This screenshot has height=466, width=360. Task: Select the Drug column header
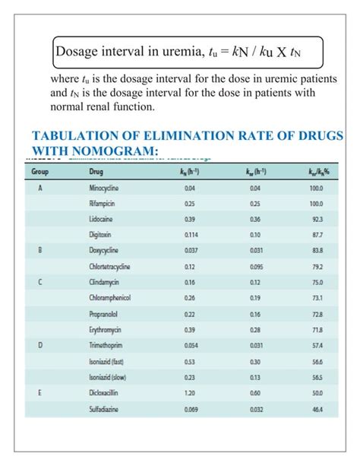tap(98, 172)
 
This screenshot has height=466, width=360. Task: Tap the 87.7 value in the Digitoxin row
tap(317, 236)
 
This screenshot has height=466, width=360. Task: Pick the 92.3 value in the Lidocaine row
tap(317, 220)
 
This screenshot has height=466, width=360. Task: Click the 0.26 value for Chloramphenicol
tap(189, 299)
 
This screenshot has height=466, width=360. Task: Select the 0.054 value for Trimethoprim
tap(189, 347)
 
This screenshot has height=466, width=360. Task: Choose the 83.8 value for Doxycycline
tap(317, 251)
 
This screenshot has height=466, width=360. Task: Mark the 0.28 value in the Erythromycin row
tap(254, 331)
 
